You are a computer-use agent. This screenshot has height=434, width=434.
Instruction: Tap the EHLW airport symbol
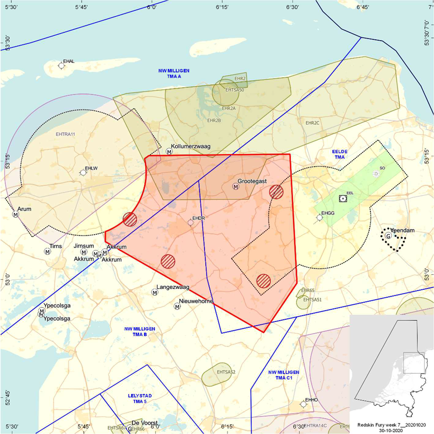point(83,172)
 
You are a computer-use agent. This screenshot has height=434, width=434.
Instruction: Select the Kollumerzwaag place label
point(190,146)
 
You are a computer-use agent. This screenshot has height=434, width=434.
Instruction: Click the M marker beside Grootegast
point(235,187)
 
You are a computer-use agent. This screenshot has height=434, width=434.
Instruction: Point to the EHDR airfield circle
point(191,223)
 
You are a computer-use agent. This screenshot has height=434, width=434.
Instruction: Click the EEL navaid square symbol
point(343,198)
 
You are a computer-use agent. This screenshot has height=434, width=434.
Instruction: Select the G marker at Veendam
point(388,236)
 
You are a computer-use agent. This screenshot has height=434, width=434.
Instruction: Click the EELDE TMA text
point(340,154)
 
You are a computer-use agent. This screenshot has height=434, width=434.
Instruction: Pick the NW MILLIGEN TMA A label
point(174,73)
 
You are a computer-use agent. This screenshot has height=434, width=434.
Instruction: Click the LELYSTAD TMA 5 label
point(140,398)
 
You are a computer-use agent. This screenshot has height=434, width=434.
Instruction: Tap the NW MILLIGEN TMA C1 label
point(284,375)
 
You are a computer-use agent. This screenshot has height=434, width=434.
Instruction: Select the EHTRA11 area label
point(65,134)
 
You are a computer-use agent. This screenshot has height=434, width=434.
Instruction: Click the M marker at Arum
point(15,214)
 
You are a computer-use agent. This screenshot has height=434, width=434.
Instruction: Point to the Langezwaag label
point(173,287)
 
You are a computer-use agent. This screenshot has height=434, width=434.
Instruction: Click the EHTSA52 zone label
point(226,372)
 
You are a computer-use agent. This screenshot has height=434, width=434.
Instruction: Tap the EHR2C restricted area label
point(312,123)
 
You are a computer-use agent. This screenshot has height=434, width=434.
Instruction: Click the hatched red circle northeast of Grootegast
point(276,192)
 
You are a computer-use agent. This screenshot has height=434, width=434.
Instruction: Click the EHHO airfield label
point(311,400)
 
